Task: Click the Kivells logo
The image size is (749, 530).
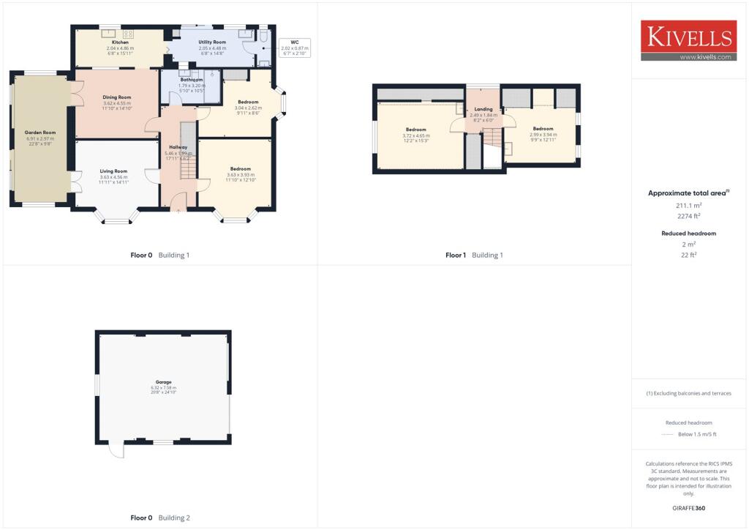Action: click(688, 40)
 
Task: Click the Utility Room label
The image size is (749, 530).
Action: click(212, 42)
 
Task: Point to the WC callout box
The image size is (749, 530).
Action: click(295, 48)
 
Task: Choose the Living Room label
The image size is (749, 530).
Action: click(113, 171)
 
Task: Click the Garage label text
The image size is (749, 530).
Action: click(164, 383)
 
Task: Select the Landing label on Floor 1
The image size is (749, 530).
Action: click(483, 109)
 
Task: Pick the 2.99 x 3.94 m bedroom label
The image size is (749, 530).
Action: click(543, 129)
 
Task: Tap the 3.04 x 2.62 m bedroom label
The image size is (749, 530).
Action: click(248, 102)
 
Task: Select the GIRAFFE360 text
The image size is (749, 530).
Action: click(688, 507)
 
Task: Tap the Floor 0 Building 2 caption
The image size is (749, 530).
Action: click(159, 518)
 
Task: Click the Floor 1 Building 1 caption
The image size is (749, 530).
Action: click(474, 255)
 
